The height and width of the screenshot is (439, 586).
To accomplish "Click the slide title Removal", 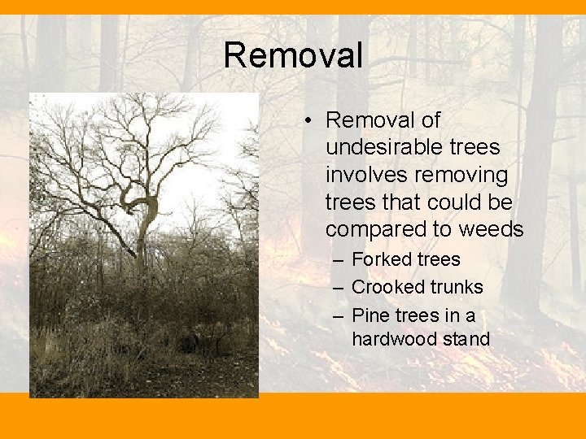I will coord(293,55).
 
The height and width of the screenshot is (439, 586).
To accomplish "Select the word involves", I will coord(365,176).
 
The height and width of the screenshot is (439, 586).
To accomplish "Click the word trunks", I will coord(456,287).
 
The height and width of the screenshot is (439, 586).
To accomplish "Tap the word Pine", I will coord(370,315).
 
